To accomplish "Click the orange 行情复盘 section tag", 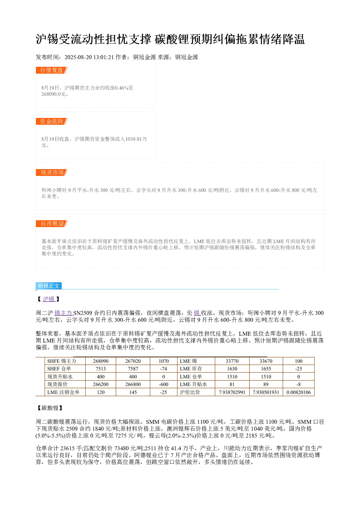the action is (x=52, y=70).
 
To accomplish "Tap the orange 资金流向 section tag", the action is (x=52, y=121).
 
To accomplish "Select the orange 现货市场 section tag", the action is (x=52, y=172).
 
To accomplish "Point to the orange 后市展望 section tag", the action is (x=52, y=223).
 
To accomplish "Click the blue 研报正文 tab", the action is (x=48, y=286).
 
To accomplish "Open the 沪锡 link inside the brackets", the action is (x=49, y=299).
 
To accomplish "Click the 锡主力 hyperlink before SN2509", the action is (x=64, y=313).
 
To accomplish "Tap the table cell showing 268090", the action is (x=101, y=361).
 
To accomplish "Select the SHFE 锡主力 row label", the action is (x=62, y=361).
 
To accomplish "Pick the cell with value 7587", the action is (x=133, y=369).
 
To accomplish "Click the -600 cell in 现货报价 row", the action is (x=164, y=384).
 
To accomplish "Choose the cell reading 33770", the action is (x=232, y=361).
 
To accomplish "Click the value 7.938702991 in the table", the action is (x=232, y=392).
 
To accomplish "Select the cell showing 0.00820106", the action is (x=299, y=392).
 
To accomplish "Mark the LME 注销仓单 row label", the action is (x=63, y=392).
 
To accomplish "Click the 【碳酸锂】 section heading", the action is (x=49, y=408).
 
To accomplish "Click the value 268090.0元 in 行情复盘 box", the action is (x=54, y=94).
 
